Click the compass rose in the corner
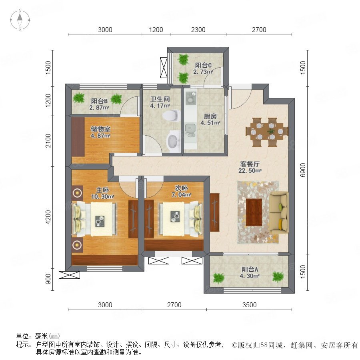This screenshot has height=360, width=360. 20,20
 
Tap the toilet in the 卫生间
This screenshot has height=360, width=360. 171,116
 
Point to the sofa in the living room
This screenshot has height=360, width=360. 279,213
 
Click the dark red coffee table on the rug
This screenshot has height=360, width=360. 254,212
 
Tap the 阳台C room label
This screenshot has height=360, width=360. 203,65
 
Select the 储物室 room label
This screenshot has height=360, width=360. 100,129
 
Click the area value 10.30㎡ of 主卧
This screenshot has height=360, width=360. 102,197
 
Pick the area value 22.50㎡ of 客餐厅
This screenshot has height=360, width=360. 250,170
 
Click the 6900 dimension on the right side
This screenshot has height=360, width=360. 303,170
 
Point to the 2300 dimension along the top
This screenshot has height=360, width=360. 198,30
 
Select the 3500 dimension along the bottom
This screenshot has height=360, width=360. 249,305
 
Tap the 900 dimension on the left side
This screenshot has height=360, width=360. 48,279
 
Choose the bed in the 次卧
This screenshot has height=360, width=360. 180,219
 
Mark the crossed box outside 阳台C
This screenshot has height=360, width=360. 164,68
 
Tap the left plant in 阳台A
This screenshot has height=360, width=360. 218,278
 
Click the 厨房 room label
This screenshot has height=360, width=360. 210,116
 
